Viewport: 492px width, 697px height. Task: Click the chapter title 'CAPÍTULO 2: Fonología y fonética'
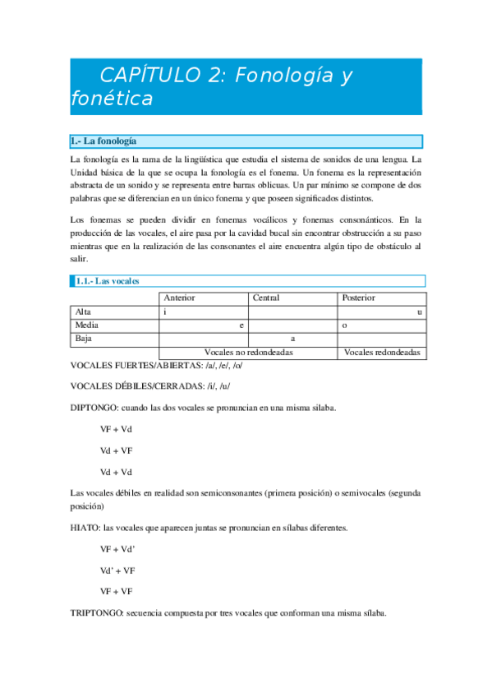212,87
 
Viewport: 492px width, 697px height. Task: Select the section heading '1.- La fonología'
103,141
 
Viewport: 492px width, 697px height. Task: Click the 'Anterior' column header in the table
180,298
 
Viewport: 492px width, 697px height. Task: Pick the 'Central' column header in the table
266,298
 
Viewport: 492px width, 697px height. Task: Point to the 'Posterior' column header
358,298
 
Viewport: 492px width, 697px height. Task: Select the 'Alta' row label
83,312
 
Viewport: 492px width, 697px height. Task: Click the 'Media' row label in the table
86,325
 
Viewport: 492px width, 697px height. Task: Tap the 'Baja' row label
84,338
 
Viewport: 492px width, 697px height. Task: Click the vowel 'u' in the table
420,312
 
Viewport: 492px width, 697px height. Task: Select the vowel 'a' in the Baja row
292,338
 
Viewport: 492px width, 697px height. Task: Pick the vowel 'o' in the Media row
344,325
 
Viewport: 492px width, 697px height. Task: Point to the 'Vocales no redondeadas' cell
248,352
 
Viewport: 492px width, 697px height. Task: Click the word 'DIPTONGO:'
94,408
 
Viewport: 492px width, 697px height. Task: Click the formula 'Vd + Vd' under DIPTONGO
115,472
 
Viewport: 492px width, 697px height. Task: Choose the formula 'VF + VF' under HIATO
117,591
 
